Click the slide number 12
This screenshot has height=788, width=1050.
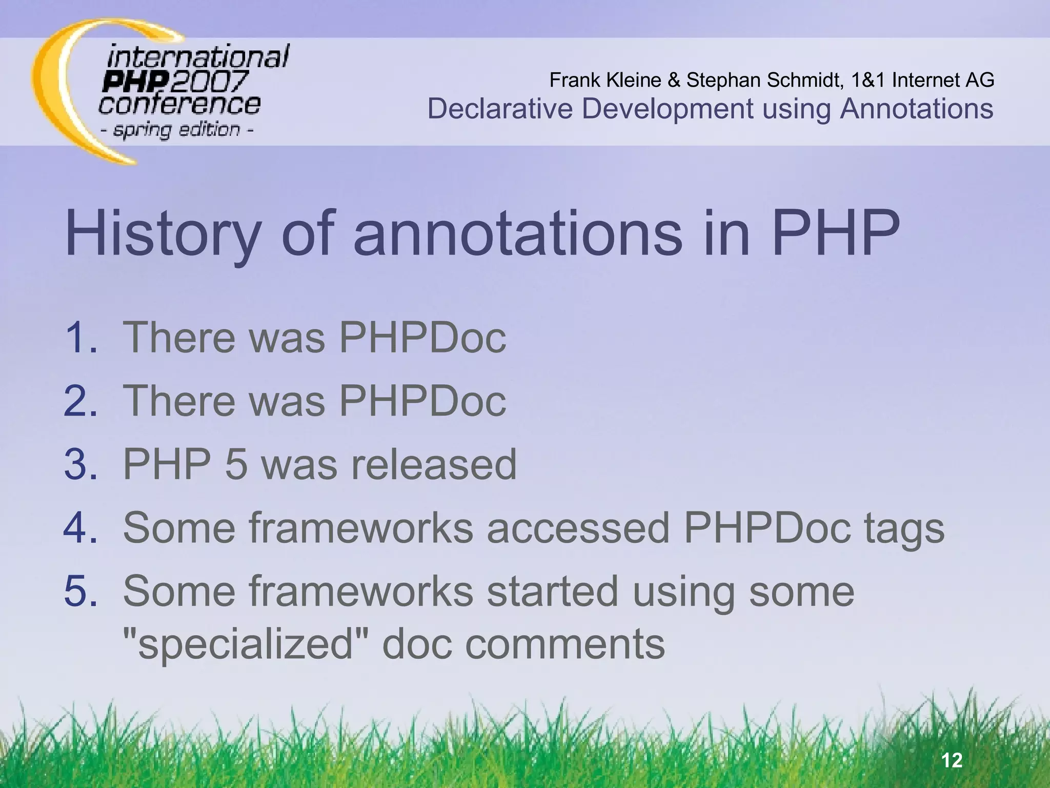tap(952, 760)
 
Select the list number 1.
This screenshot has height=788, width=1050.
tap(80, 337)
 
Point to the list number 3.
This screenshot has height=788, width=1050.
tap(80, 464)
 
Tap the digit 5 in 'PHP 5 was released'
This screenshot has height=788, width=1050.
tap(236, 464)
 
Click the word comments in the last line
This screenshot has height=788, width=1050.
tap(564, 644)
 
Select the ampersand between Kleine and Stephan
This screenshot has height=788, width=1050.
tap(674, 80)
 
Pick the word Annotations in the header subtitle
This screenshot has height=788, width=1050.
tap(916, 109)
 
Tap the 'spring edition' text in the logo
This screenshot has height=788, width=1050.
tap(177, 130)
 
